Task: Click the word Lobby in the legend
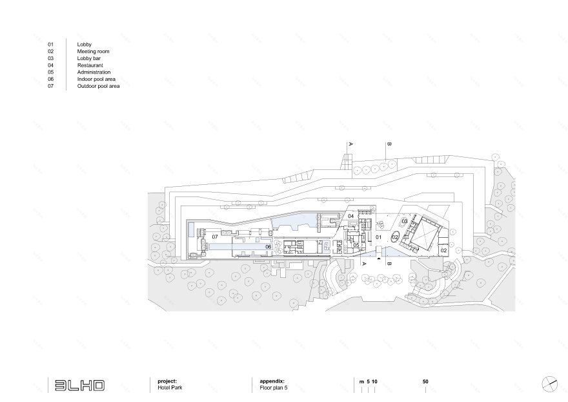click(x=84, y=44)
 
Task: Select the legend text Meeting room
click(x=92, y=51)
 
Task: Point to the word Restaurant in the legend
click(x=90, y=65)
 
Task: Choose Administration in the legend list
click(x=94, y=72)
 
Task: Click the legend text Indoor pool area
click(x=96, y=79)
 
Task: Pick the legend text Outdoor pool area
click(x=98, y=86)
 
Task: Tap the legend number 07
click(x=50, y=86)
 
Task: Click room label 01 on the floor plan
click(x=379, y=237)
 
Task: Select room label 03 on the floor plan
click(x=405, y=222)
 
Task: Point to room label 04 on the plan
click(x=351, y=216)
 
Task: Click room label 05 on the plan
click(x=356, y=245)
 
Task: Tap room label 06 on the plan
click(x=267, y=246)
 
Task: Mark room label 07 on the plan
click(x=216, y=237)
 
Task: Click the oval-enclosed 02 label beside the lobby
click(x=395, y=237)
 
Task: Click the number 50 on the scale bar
click(x=425, y=383)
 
